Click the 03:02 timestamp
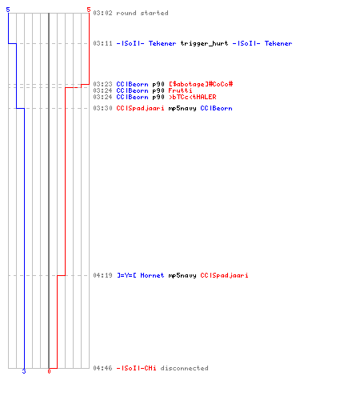point(102,13)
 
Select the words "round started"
point(142,13)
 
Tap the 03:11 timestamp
point(102,43)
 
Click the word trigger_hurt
point(204,43)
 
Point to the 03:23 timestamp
point(102,84)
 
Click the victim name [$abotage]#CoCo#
point(201,84)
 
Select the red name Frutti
point(180,90)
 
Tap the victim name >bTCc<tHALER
point(193,97)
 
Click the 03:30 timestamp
point(102,108)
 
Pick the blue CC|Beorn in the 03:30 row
point(216,108)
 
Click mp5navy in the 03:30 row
point(182,109)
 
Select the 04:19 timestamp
point(102,275)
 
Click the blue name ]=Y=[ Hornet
point(141,275)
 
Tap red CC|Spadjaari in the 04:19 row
point(224,275)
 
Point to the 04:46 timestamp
point(102,368)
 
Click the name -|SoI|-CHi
point(136,368)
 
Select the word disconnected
point(184,368)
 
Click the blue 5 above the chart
point(8,10)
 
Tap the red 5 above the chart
point(89,10)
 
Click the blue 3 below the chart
point(24,371)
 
